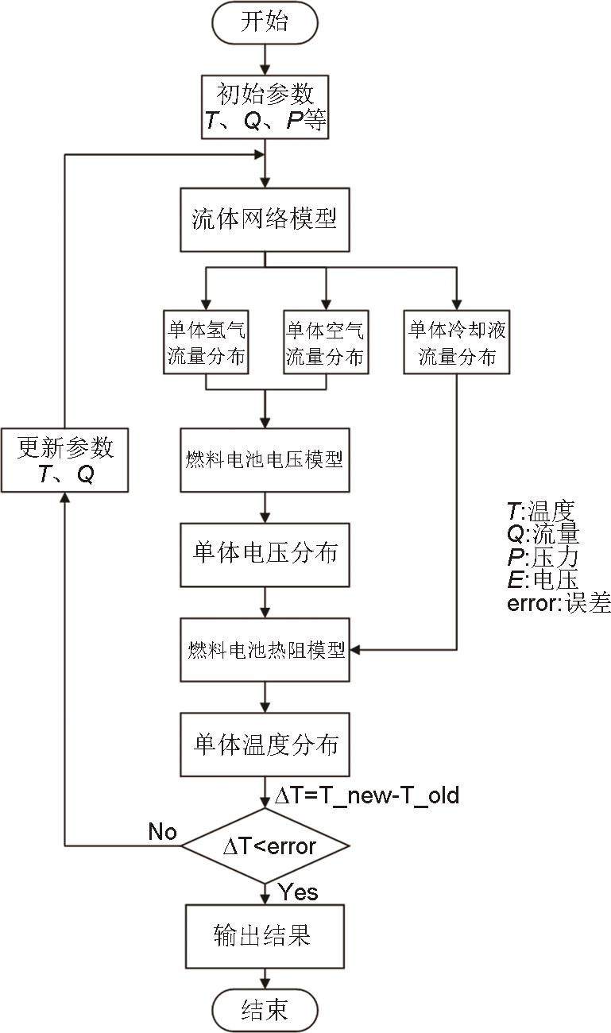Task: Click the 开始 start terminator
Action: (265, 22)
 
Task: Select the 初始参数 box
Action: (265, 106)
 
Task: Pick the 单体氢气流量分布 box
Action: (206, 342)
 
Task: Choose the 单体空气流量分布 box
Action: (325, 342)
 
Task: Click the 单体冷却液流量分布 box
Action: (457, 342)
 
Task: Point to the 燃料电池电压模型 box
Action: (265, 460)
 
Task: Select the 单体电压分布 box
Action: (265, 552)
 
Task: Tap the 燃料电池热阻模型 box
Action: (265, 651)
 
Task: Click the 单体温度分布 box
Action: (265, 745)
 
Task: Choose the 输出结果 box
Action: (265, 935)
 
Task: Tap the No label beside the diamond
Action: (162, 832)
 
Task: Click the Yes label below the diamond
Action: (298, 892)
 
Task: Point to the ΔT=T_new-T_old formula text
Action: (366, 795)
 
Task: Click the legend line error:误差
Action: (559, 603)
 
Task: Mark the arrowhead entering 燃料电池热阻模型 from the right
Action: (355, 651)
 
